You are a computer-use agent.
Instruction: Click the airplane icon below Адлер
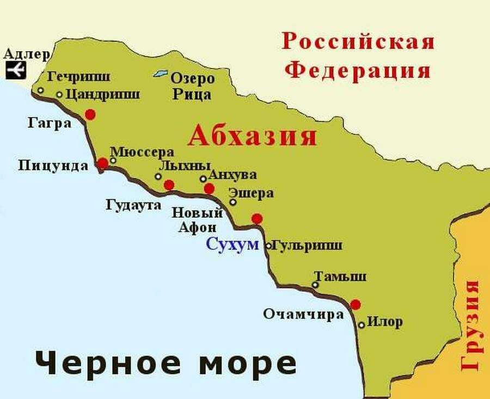[x=16, y=70]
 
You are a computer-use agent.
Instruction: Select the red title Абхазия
[x=252, y=136]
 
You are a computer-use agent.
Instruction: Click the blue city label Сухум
[x=232, y=244]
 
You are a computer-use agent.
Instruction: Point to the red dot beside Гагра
[x=90, y=114]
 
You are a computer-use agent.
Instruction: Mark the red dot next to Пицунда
[x=102, y=163]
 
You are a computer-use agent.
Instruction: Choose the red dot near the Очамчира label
[x=356, y=304]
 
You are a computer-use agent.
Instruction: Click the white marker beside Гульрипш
[x=268, y=246]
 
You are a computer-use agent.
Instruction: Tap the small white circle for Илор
[x=362, y=325]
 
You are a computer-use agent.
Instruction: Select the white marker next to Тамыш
[x=315, y=285]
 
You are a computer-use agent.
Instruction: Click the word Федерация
[x=359, y=71]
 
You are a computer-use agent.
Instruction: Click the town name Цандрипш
[x=102, y=94]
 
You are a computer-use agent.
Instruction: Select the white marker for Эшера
[x=233, y=202]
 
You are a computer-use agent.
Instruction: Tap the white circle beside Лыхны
[x=158, y=176]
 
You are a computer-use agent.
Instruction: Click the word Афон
[x=197, y=227]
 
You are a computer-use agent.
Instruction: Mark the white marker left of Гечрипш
[x=40, y=90]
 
